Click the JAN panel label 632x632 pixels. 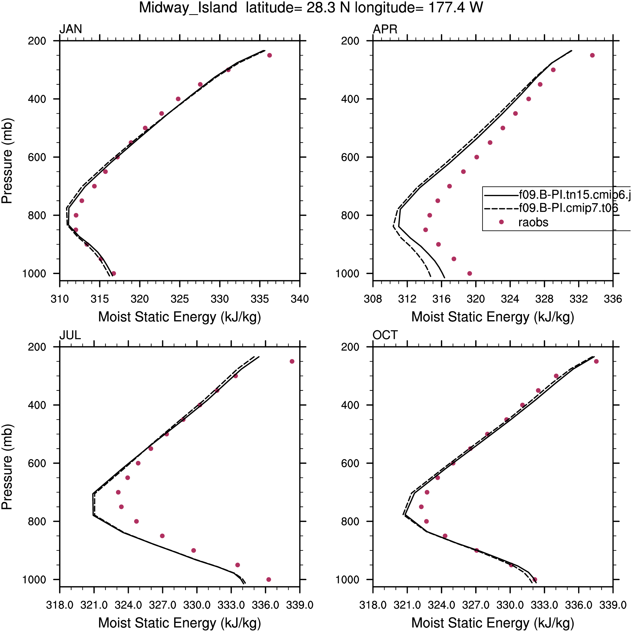70,29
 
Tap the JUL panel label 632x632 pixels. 70,335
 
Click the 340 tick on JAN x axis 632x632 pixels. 300,299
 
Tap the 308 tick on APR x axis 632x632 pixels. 373,299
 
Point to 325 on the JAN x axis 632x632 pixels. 180,299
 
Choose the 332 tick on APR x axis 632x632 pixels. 579,299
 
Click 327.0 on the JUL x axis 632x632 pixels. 162,605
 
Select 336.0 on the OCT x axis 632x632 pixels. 579,605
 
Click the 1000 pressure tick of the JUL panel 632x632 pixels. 34,579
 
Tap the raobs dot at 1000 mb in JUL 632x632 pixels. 269,579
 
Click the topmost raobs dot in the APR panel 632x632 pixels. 592,55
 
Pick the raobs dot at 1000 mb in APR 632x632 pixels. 470,273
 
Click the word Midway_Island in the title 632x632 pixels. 188,8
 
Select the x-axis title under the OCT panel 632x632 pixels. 493,623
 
